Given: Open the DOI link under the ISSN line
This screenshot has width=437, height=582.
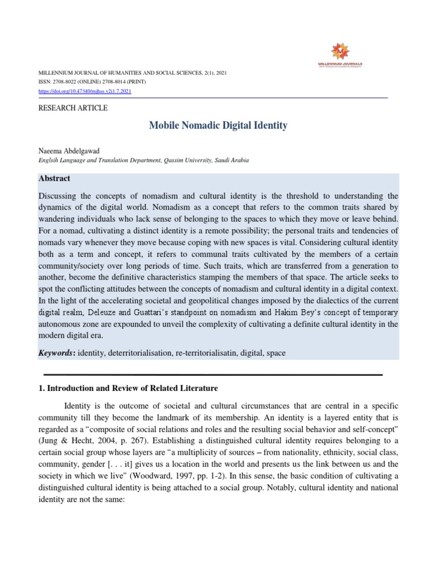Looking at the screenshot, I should pyautogui.click(x=85, y=91).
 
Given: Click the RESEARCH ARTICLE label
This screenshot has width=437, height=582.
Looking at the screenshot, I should pyautogui.click(x=72, y=108).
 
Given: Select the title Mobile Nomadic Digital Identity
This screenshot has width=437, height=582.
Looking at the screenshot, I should pyautogui.click(x=218, y=126).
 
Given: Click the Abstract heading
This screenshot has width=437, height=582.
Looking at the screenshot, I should pyautogui.click(x=54, y=178).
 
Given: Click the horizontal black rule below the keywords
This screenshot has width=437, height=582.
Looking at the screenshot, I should pyautogui.click(x=213, y=375).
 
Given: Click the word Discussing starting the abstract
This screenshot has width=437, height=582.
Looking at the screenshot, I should pyautogui.click(x=60, y=196).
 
